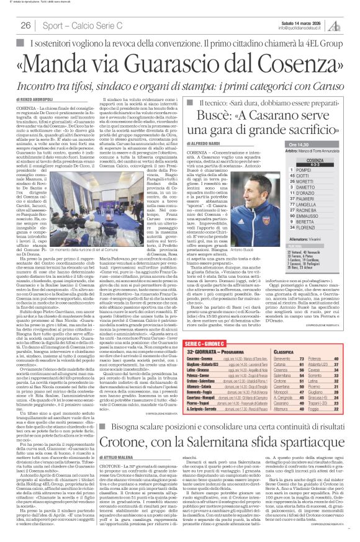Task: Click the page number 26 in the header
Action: [26, 25]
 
